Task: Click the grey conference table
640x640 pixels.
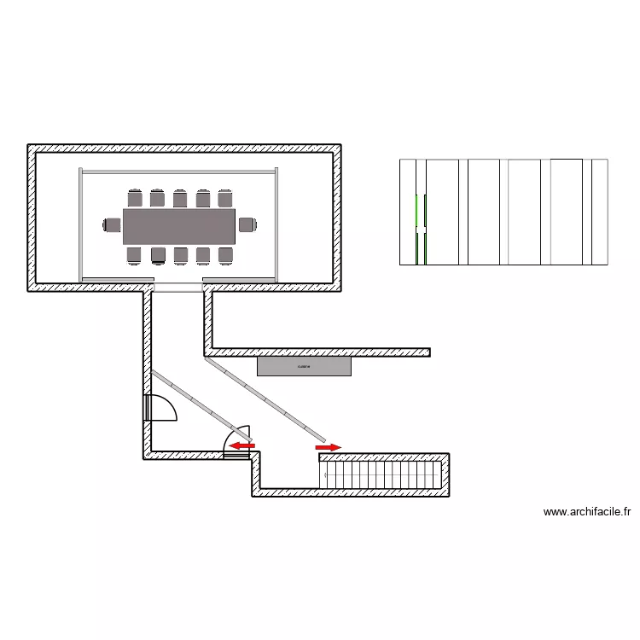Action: pyautogui.click(x=179, y=225)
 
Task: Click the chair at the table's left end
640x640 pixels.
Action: pyautogui.click(x=112, y=225)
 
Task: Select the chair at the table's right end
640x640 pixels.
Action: pyautogui.click(x=247, y=225)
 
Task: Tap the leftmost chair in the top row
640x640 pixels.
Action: pyautogui.click(x=135, y=198)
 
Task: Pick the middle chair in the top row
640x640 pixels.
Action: pyautogui.click(x=180, y=198)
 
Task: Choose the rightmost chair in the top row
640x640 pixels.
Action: pyautogui.click(x=224, y=198)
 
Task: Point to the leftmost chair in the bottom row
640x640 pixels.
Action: pyautogui.click(x=135, y=253)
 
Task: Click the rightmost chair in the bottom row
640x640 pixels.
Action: pyautogui.click(x=224, y=253)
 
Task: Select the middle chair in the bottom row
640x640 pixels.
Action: pyautogui.click(x=180, y=253)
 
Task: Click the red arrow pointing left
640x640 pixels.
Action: pyautogui.click(x=242, y=445)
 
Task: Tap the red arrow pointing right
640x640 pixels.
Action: pyautogui.click(x=329, y=446)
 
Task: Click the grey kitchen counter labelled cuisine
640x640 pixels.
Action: pyautogui.click(x=305, y=366)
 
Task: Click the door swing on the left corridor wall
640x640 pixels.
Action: pyautogui.click(x=160, y=409)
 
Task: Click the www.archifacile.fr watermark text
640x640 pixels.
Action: pyautogui.click(x=587, y=512)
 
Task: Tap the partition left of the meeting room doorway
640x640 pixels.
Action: pyautogui.click(x=117, y=279)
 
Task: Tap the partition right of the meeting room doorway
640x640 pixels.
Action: pyautogui.click(x=240, y=279)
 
